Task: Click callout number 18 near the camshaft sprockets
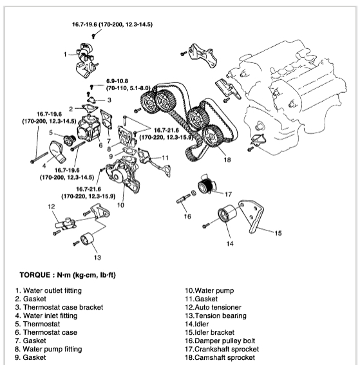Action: [x=227, y=160]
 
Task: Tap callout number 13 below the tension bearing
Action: [x=98, y=257]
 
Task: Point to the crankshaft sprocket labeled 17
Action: [x=206, y=185]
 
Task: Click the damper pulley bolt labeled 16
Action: [x=184, y=199]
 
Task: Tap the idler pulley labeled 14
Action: [x=227, y=214]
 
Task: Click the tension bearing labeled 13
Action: [x=87, y=239]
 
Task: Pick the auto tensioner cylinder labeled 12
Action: [x=65, y=223]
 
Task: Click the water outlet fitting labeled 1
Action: [x=86, y=60]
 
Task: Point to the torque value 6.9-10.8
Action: [x=117, y=81]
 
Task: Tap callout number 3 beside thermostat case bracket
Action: [x=109, y=100]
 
